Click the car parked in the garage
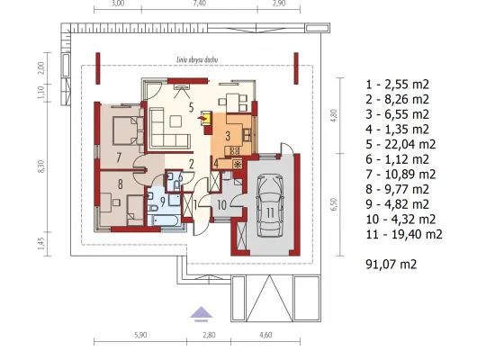[x=270, y=205]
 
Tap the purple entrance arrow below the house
[x=201, y=313]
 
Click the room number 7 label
[x=119, y=157]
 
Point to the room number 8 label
[x=121, y=184]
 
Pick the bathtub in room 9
[x=164, y=220]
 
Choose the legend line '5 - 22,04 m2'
[x=400, y=144]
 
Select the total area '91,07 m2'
[x=391, y=264]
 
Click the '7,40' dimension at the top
[x=199, y=4]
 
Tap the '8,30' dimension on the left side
[x=41, y=166]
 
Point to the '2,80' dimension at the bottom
[x=209, y=335]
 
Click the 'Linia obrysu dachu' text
[x=197, y=59]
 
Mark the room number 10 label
[x=221, y=205]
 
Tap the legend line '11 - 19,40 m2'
[x=404, y=234]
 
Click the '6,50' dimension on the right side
[x=335, y=204]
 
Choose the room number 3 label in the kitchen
[x=228, y=136]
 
